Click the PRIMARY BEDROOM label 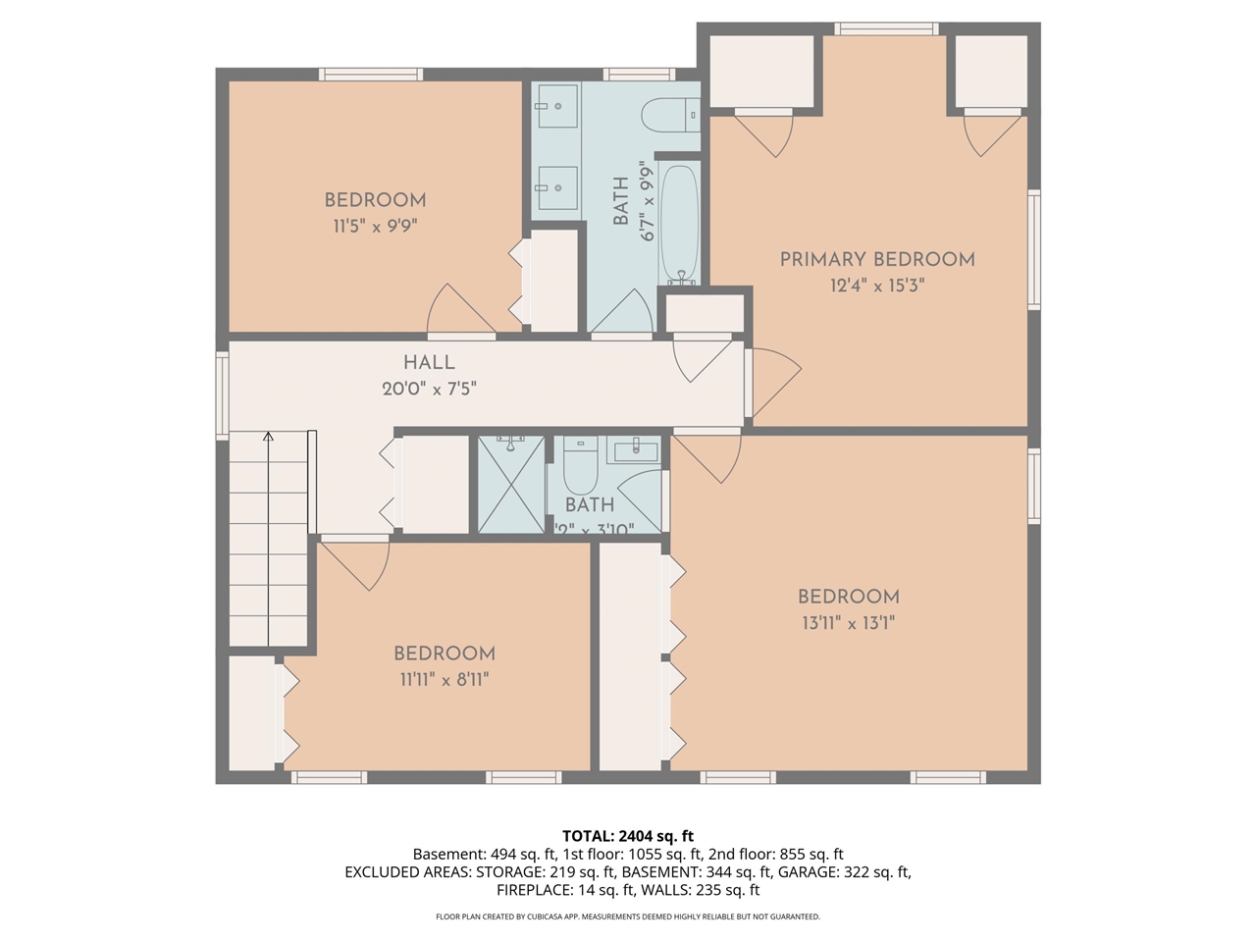pyautogui.click(x=876, y=259)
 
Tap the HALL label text pyautogui.click(x=429, y=362)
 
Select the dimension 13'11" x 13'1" pyautogui.click(x=848, y=622)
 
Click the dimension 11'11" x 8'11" pyautogui.click(x=444, y=679)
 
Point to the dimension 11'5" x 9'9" pyautogui.click(x=375, y=226)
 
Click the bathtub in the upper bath pyautogui.click(x=679, y=224)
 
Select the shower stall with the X pyautogui.click(x=510, y=486)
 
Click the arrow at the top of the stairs pyautogui.click(x=268, y=438)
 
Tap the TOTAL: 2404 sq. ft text pyautogui.click(x=627, y=836)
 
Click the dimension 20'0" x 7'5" pyautogui.click(x=429, y=389)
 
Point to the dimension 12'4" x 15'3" pyautogui.click(x=876, y=286)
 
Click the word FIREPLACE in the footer pyautogui.click(x=536, y=890)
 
